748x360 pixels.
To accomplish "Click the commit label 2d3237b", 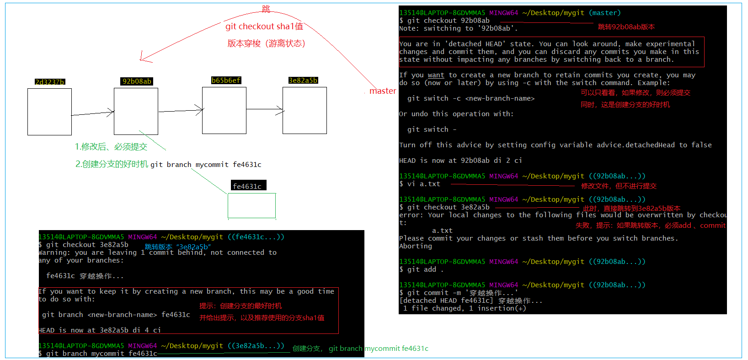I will click(50, 82).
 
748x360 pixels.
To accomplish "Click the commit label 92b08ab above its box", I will click(137, 81).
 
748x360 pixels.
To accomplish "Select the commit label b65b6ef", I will click(226, 81).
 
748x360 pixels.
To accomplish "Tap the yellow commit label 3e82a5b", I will click(303, 81).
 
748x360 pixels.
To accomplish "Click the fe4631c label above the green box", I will click(247, 186).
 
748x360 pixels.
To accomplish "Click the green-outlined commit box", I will click(251, 206).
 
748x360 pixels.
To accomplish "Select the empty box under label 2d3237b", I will click(49, 112).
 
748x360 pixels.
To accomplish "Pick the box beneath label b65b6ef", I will click(224, 110).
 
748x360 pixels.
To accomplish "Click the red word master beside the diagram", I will click(383, 91).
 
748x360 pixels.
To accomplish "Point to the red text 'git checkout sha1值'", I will click(264, 27).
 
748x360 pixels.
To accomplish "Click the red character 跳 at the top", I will click(266, 9).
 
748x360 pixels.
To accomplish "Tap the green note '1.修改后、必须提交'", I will click(111, 147).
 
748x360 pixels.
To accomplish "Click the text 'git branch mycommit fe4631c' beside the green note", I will click(206, 165).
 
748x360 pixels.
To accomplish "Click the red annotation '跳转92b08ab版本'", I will click(626, 27).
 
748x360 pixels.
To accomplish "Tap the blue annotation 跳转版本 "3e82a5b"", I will click(178, 247).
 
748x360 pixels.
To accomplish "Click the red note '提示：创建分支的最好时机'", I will click(240, 306).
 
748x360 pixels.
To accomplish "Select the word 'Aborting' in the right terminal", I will click(416, 246).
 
